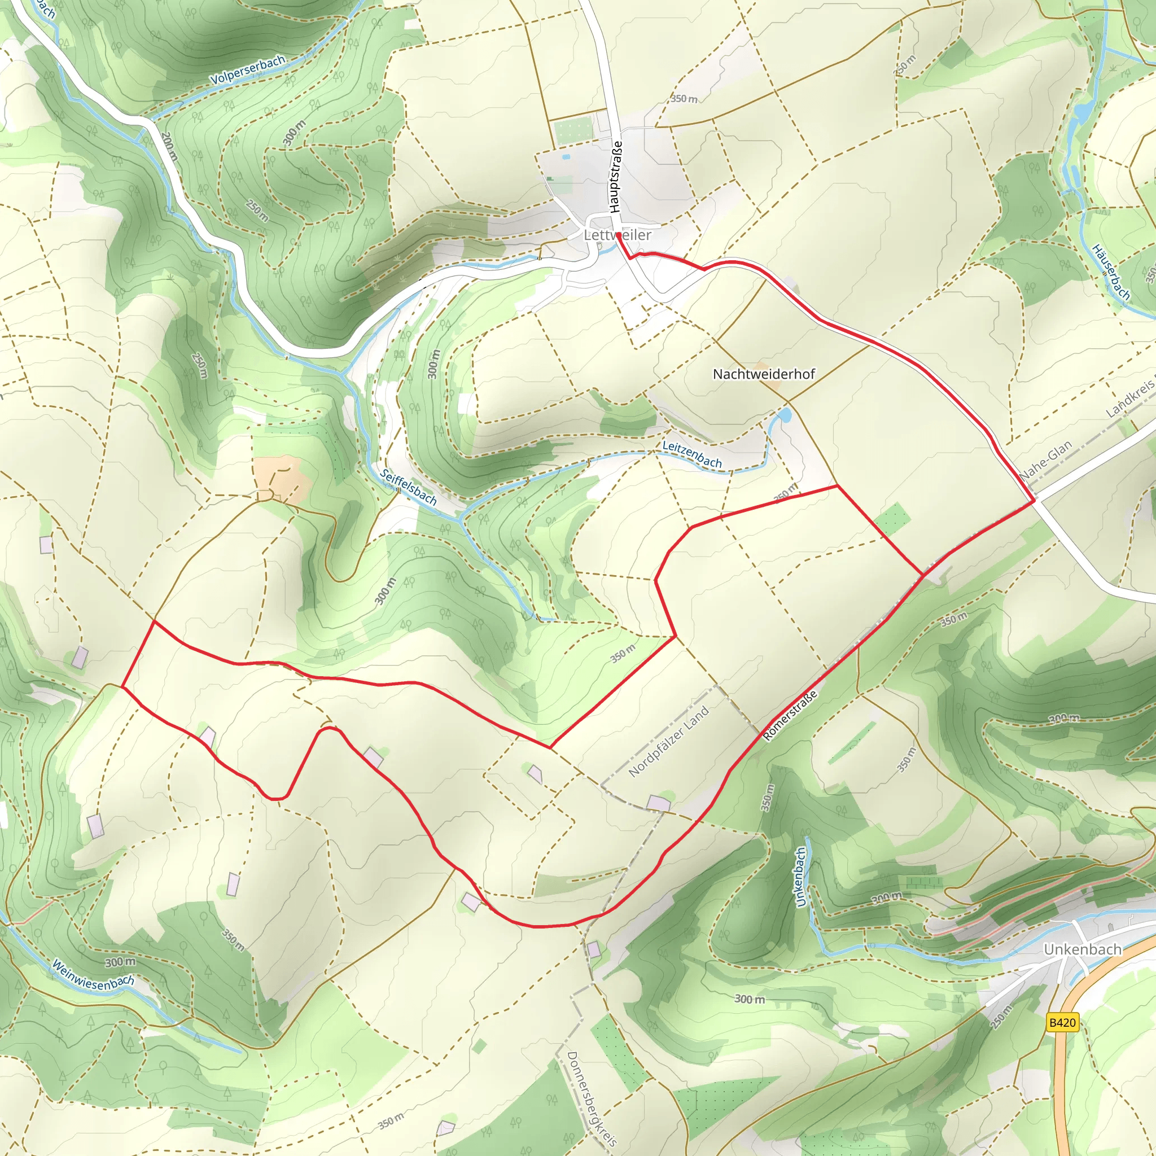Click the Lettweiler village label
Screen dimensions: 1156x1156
click(617, 235)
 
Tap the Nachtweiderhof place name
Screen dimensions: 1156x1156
click(764, 374)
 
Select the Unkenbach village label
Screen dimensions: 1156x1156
click(1082, 949)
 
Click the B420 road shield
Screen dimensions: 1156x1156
click(1063, 1022)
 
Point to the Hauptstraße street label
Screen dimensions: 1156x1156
click(616, 177)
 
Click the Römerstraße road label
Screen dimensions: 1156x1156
click(790, 716)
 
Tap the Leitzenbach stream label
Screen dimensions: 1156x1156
click(691, 454)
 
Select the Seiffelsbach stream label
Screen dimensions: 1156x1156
click(409, 487)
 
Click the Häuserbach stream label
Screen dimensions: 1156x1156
click(1111, 272)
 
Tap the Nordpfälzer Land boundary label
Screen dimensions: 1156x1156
click(668, 741)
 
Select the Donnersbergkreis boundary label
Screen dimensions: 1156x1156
click(591, 1098)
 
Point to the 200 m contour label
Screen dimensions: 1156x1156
click(169, 146)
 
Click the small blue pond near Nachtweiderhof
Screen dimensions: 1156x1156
click(783, 414)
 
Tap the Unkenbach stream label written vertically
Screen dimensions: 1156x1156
click(800, 877)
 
